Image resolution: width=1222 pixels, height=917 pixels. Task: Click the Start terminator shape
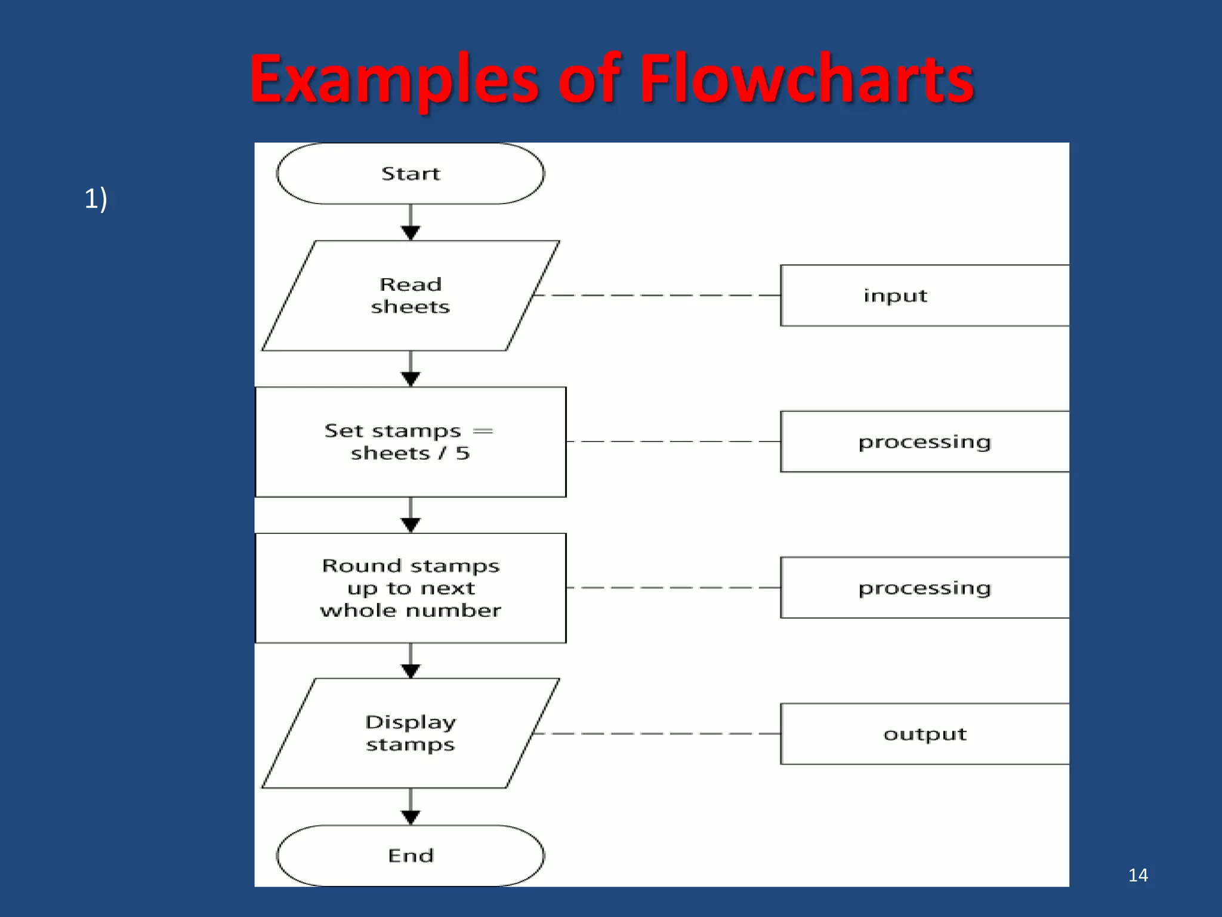411,174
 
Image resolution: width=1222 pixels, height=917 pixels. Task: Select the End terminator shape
411,856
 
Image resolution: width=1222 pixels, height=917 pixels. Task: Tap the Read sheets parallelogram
411,296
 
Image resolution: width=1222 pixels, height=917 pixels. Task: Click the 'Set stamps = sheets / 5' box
411,442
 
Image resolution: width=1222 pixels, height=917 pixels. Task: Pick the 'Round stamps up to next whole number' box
411,588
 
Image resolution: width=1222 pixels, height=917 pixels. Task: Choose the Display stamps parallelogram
411,734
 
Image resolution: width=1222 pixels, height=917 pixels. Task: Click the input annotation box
924,296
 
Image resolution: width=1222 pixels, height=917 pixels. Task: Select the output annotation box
924,734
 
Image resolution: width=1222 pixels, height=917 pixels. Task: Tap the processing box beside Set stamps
924,442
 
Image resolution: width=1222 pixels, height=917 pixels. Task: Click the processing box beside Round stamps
924,588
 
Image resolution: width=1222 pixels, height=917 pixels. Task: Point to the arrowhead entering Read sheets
411,233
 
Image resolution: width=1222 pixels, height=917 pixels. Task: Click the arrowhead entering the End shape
411,817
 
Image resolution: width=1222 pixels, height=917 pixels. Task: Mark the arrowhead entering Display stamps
411,671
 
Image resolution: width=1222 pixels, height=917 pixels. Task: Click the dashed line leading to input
656,296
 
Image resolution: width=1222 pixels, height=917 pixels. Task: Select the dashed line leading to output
656,734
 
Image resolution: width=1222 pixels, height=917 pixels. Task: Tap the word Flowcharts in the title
806,79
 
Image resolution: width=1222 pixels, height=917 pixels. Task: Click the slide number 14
1138,875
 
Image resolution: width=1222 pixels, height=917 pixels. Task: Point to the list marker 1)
95,198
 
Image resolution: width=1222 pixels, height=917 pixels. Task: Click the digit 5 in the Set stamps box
463,453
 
